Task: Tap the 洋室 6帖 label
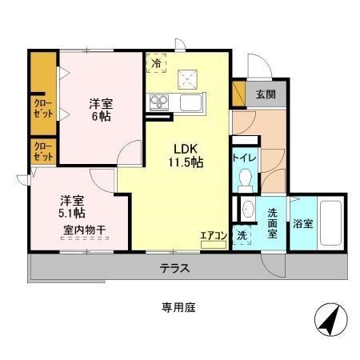pos(100,110)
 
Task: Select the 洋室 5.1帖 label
pos(73,207)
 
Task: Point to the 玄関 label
pos(266,94)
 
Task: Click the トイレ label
pos(245,158)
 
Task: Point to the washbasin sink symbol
pos(248,210)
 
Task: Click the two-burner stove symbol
pos(158,102)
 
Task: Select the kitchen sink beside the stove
pos(192,102)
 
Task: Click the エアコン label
pos(214,235)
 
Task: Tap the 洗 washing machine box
pos(242,236)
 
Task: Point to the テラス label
pos(174,268)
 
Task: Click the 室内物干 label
pos(86,232)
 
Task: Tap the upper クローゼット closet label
pos(43,108)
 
